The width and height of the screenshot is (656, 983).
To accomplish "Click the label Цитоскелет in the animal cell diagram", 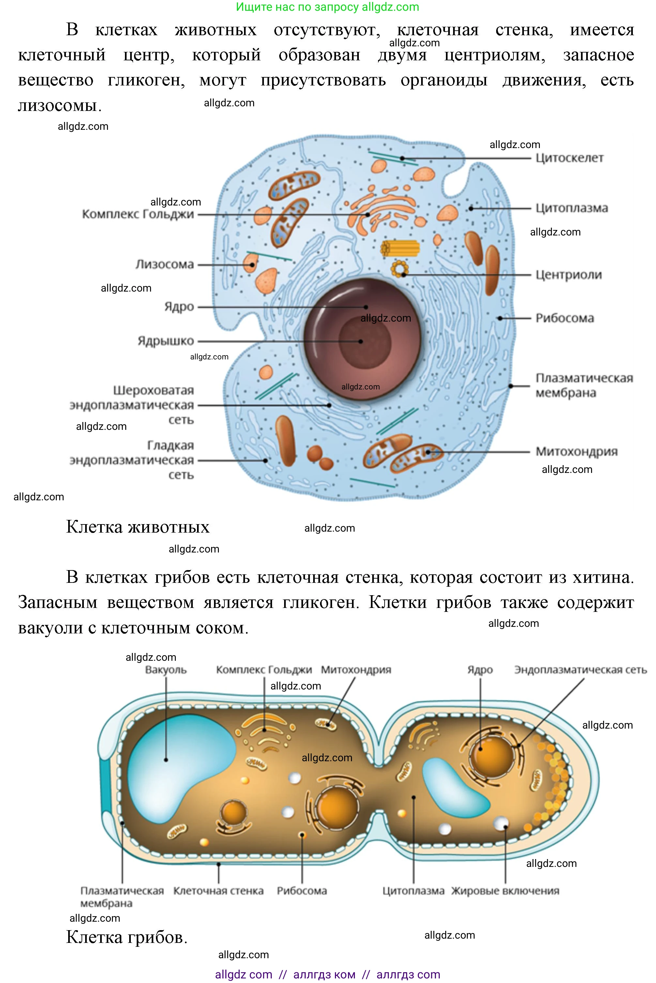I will click(x=570, y=158).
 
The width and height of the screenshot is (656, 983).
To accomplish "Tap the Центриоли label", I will click(x=569, y=275).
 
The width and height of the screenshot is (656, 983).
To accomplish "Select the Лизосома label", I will click(x=164, y=265).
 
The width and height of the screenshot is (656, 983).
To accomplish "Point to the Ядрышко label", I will click(x=166, y=341).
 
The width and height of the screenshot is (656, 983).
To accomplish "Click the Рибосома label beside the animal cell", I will click(x=564, y=318).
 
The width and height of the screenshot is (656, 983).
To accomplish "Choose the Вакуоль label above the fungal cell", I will click(x=166, y=670).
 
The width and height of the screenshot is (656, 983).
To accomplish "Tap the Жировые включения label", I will click(x=505, y=891).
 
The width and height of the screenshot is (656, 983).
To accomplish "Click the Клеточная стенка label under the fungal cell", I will click(x=218, y=891).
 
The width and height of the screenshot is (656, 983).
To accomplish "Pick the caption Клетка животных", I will click(x=138, y=527).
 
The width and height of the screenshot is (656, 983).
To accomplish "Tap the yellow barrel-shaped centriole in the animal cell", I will click(x=400, y=249).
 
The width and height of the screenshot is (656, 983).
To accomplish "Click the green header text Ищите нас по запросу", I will click(x=297, y=7).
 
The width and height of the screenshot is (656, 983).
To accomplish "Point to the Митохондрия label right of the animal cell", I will click(x=576, y=451).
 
